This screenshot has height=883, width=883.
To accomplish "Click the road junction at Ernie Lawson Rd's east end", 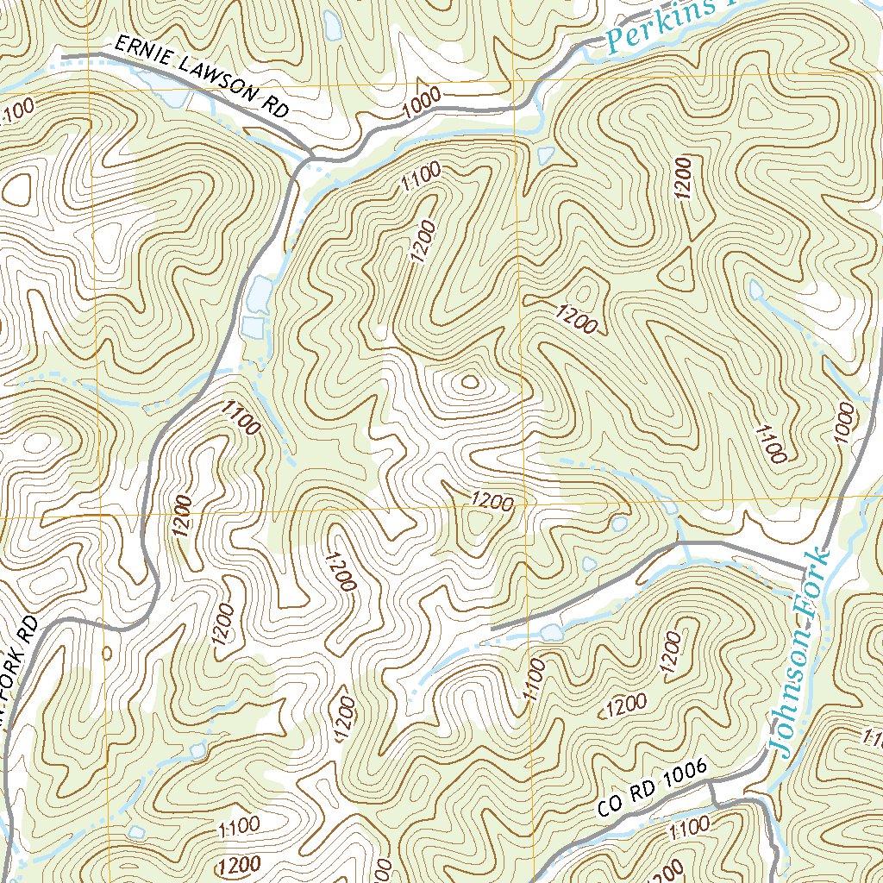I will point(310,156).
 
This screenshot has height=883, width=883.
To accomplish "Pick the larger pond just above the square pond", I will point(258,294).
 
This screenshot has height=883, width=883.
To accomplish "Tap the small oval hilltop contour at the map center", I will point(470,380).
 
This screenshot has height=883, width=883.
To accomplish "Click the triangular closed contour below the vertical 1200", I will point(679,272).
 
